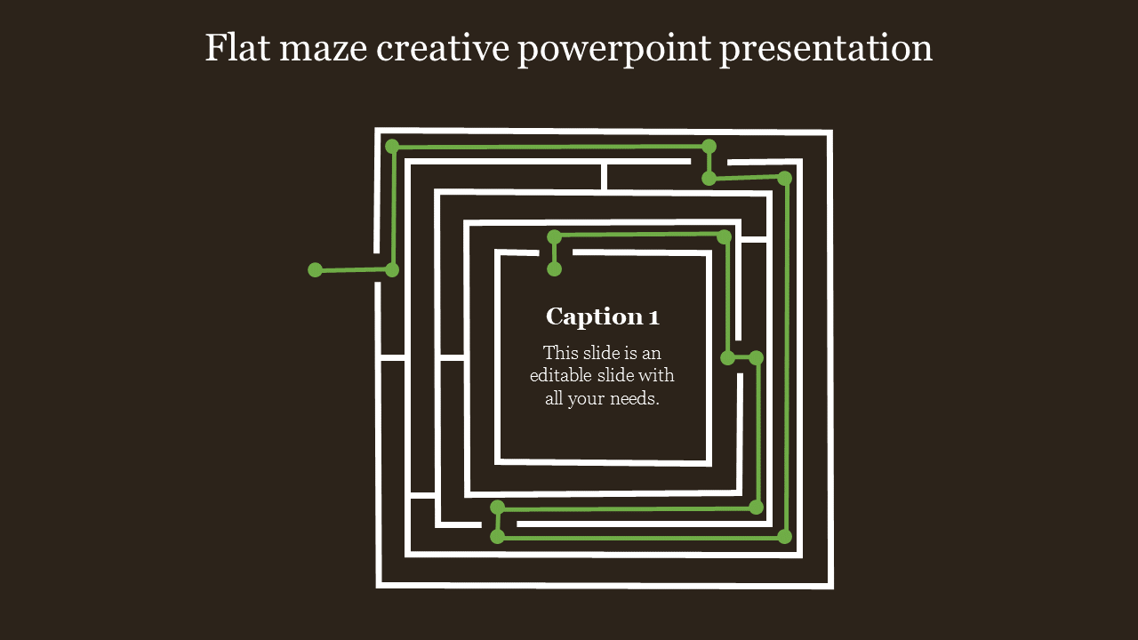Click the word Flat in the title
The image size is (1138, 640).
point(237,48)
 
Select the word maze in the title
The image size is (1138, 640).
point(324,50)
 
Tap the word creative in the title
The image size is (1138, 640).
point(443,48)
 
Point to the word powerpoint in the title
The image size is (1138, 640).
point(614,50)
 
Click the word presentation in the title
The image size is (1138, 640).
point(827,50)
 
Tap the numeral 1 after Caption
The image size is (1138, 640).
point(654,317)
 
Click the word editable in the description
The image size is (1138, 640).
point(561,375)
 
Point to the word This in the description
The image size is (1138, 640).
point(561,353)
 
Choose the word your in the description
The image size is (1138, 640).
point(586,400)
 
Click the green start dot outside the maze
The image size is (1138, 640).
point(315,269)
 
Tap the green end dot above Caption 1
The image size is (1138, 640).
point(554,269)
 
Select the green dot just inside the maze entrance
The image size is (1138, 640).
point(392,269)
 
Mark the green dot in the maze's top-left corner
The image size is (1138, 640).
point(392,147)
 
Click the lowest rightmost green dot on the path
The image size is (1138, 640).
point(784,536)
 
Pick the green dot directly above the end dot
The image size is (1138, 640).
point(554,236)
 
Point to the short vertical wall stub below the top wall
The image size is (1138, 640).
point(604,177)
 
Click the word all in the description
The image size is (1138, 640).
point(554,399)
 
